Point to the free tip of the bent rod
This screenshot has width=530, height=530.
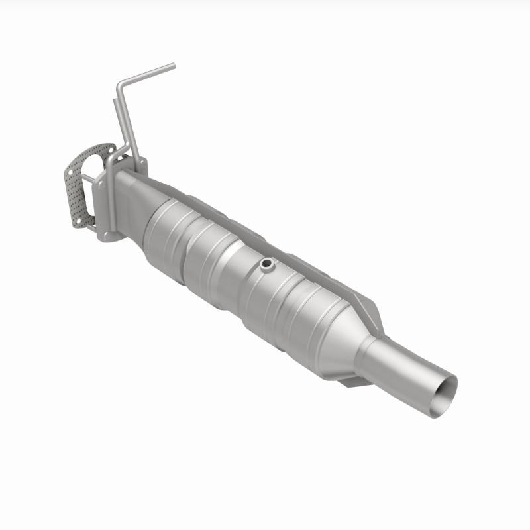(x=174, y=65)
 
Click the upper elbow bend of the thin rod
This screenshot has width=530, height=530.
(x=119, y=85)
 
